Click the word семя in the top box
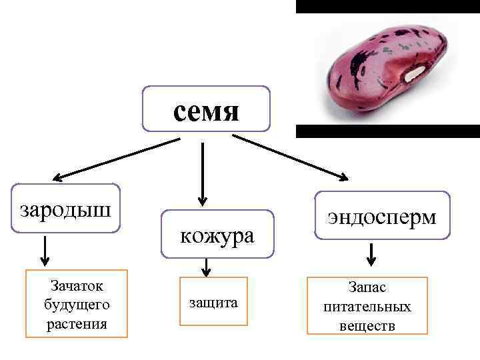pos(206,110)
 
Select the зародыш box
pos(66,209)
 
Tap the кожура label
pos(217,235)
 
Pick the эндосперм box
pos(383,216)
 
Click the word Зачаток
pos(77,286)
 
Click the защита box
pos(213,302)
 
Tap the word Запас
pos(367,288)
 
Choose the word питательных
pos(367,307)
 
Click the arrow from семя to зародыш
pos(117,159)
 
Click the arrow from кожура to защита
pos(206,267)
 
